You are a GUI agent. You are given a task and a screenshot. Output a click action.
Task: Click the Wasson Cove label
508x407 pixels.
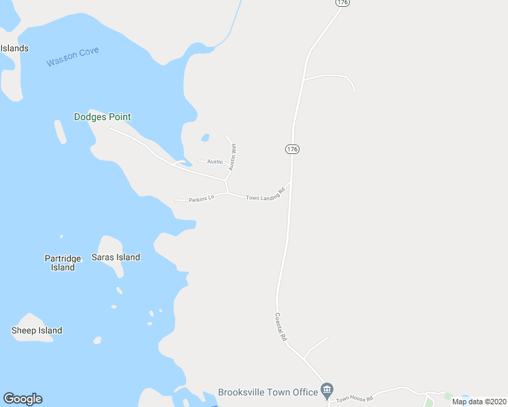pos(73,56)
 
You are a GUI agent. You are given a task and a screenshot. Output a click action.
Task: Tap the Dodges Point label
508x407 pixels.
pos(102,117)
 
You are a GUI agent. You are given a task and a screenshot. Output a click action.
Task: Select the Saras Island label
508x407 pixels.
pos(115,257)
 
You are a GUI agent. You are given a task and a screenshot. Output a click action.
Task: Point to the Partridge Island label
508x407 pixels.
pos(62,263)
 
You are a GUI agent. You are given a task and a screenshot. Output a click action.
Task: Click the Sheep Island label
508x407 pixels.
pos(37,330)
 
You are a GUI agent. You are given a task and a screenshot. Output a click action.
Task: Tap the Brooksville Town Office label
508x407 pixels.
pos(268,392)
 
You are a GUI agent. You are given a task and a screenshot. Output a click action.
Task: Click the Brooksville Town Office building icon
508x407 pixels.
pos(327,389)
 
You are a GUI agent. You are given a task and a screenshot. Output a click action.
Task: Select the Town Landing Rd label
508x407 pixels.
pos(265,193)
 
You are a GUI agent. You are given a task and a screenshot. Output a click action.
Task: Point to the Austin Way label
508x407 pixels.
pos(232,156)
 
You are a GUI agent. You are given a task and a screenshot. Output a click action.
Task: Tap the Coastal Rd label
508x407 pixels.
pos(280,327)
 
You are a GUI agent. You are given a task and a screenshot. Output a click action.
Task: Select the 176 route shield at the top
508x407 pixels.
pos(342,3)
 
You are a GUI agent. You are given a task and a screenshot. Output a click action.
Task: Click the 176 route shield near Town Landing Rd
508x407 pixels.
pos(292,149)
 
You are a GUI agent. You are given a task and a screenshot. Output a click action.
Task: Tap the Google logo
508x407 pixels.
pos(22,399)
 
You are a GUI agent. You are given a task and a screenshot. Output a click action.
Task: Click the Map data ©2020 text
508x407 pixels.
pos(478,402)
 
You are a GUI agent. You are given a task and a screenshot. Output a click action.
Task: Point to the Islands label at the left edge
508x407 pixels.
pos(14,48)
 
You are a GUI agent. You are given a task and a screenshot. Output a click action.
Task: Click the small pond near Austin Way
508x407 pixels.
pos(205,138)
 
